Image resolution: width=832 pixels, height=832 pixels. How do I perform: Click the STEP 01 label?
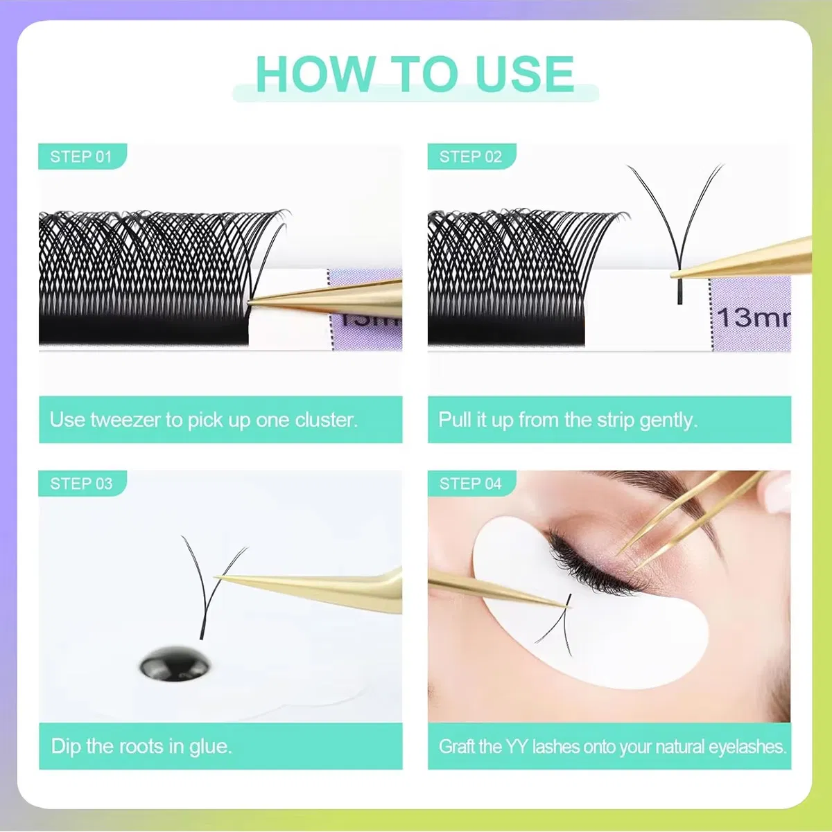pyautogui.click(x=81, y=157)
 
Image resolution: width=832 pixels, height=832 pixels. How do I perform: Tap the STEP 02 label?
pyautogui.click(x=470, y=157)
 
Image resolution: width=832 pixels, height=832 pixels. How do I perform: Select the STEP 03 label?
pyautogui.click(x=81, y=484)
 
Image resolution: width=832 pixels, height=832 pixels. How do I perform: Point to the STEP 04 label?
pyautogui.click(x=470, y=484)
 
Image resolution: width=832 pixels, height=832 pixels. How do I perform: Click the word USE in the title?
pyautogui.click(x=525, y=74)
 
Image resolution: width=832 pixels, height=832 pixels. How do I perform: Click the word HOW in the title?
pyautogui.click(x=315, y=74)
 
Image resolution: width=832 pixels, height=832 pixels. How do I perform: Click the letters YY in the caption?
pyautogui.click(x=517, y=747)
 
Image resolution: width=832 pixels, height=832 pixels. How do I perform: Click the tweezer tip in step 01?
pyautogui.click(x=250, y=302)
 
